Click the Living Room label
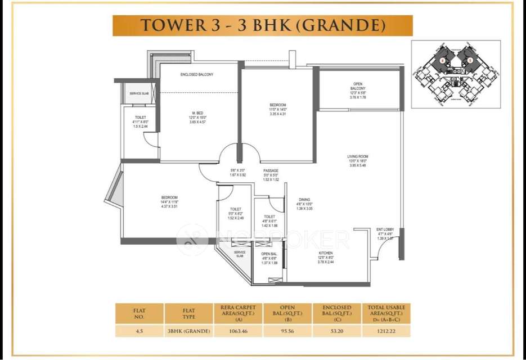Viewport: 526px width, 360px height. coord(358,156)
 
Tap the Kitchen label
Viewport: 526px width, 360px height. coord(326,253)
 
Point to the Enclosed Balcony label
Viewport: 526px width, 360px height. coord(197,75)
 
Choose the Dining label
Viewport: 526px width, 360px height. coord(304,200)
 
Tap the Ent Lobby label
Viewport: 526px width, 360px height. coord(385,229)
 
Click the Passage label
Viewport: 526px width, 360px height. coord(271,171)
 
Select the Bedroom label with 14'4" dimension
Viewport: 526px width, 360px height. coord(169,197)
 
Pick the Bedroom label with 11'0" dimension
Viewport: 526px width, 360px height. coord(278,105)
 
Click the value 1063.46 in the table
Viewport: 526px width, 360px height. coord(235,331)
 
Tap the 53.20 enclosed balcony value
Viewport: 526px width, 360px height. coord(337,331)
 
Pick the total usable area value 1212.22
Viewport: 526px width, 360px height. coord(386,331)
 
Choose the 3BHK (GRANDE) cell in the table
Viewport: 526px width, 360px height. coord(188,331)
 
